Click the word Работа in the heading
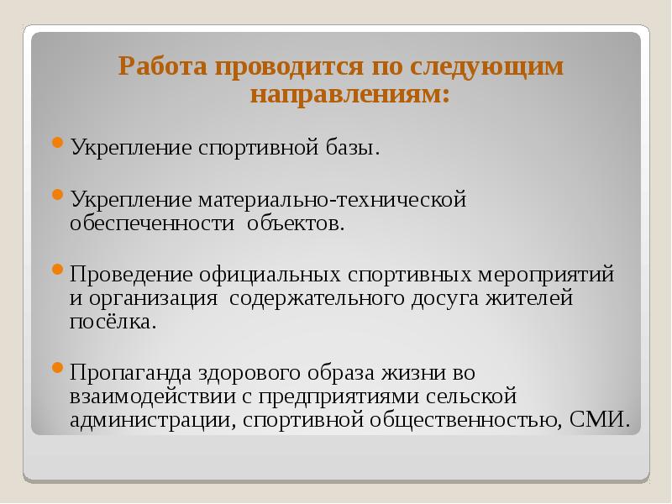pyautogui.click(x=162, y=67)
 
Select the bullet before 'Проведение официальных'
pyautogui.click(x=57, y=270)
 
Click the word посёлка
pyautogui.click(x=113, y=322)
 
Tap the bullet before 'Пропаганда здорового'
pyautogui.click(x=57, y=366)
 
